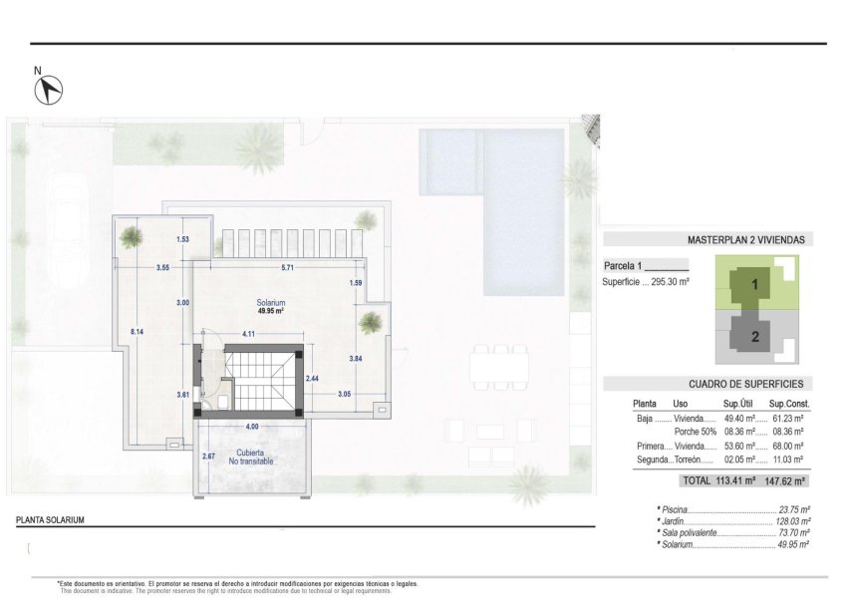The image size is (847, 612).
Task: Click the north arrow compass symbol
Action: pyautogui.click(x=49, y=90)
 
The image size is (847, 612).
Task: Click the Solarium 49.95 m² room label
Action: pyautogui.click(x=269, y=306)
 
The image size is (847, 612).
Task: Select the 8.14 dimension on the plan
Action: pyautogui.click(x=138, y=331)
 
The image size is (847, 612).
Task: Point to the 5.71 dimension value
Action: pyautogui.click(x=287, y=267)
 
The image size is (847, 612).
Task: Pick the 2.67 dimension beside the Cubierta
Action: pyautogui.click(x=208, y=457)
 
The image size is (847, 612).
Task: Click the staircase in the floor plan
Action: pyautogui.click(x=258, y=382)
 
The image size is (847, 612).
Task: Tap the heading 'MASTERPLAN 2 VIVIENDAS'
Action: pyautogui.click(x=745, y=240)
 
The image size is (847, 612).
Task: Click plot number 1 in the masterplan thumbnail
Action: pyautogui.click(x=755, y=285)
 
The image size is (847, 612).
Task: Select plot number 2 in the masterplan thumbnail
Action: pyautogui.click(x=755, y=337)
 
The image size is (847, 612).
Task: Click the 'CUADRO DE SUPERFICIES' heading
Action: pyautogui.click(x=745, y=384)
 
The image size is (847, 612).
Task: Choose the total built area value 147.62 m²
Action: pyautogui.click(x=786, y=480)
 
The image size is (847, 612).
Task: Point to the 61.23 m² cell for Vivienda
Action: pyautogui.click(x=789, y=419)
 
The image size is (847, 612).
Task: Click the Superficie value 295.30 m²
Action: pyautogui.click(x=668, y=282)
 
